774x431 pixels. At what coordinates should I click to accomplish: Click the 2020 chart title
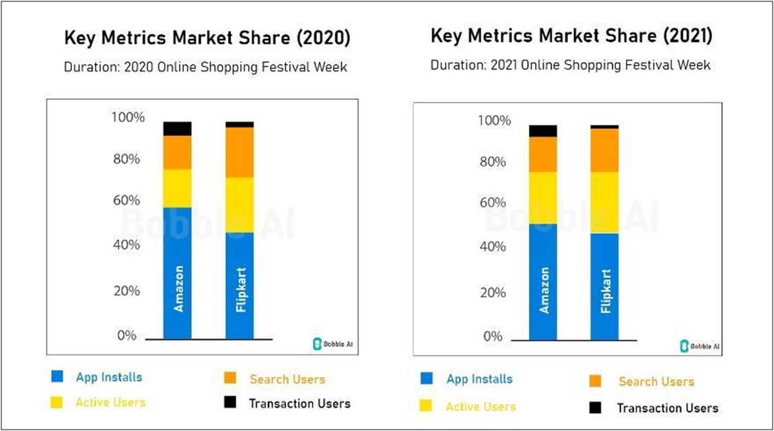tap(207, 38)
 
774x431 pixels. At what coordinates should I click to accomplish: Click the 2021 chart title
tap(571, 36)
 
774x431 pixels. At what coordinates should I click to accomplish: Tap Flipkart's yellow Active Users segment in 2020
tap(240, 205)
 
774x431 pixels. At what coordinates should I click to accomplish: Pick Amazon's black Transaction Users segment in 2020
tap(178, 128)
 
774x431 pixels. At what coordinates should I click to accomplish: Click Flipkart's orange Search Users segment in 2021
tap(604, 150)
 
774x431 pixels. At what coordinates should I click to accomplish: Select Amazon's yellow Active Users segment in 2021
tap(542, 197)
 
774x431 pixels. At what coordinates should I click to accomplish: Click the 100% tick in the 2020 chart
tap(127, 118)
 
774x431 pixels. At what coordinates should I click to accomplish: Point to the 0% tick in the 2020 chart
tap(127, 335)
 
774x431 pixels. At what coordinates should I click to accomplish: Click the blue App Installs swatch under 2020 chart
tap(57, 378)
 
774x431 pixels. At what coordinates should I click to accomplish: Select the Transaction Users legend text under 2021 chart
tap(667, 408)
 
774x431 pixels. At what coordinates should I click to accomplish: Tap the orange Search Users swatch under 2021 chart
tap(594, 382)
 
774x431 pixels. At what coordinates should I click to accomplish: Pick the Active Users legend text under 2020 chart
tap(110, 403)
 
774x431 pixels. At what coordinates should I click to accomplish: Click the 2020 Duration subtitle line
tap(205, 67)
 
